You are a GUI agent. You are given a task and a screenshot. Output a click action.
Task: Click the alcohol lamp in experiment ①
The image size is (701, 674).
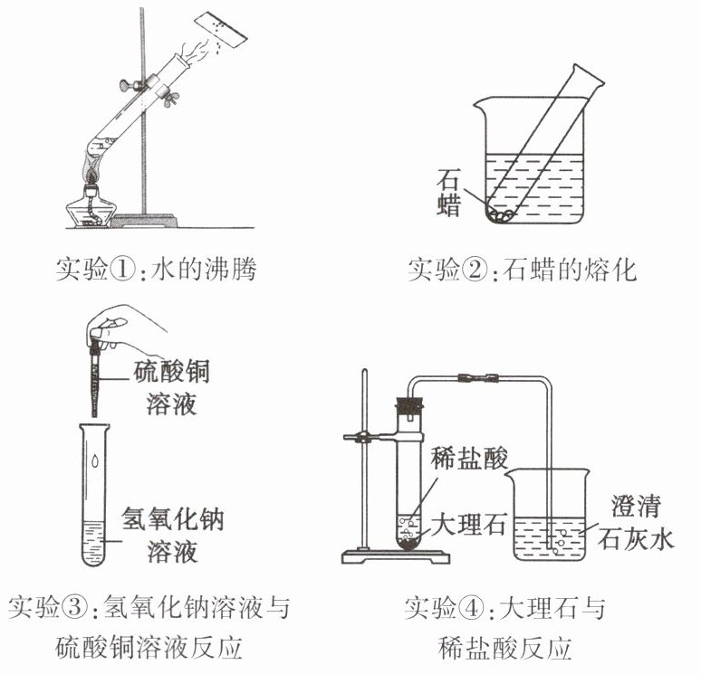(91, 206)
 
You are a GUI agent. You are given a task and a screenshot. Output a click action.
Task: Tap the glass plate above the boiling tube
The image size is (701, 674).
(225, 31)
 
